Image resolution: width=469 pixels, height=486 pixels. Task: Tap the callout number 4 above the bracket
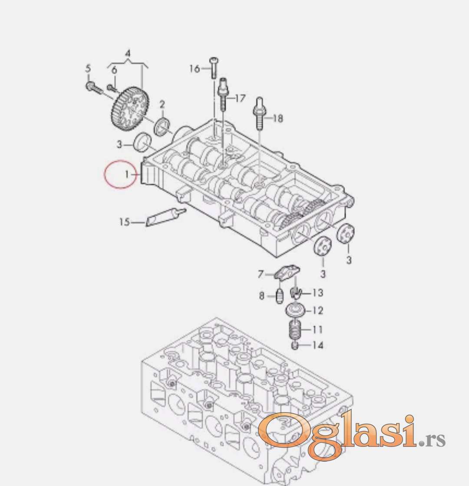[x=128, y=54]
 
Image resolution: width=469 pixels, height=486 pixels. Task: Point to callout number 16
[x=194, y=68]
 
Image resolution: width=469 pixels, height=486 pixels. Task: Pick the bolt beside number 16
[x=214, y=68]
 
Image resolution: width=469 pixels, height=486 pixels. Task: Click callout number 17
[x=240, y=98]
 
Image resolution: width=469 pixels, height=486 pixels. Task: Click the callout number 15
[x=124, y=222]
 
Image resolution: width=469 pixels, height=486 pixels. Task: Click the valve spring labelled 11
[x=296, y=330]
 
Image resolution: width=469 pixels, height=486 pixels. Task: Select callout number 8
[x=261, y=296]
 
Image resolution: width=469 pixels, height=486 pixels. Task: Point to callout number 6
[x=114, y=70]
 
